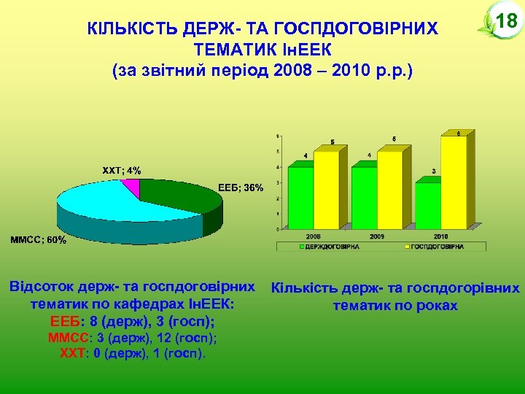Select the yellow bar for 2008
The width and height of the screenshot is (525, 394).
[x=325, y=190]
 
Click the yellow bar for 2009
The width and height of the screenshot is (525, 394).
[x=389, y=190]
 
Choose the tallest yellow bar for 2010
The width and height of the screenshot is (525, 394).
[x=454, y=182]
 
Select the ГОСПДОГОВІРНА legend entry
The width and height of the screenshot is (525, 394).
[x=435, y=247]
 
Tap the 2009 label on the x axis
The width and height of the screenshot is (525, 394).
[x=377, y=237]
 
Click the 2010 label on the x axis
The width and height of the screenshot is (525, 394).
[x=440, y=237]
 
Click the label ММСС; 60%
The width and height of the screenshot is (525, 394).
[x=37, y=239]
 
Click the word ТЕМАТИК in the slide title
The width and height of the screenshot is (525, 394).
[x=232, y=50]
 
